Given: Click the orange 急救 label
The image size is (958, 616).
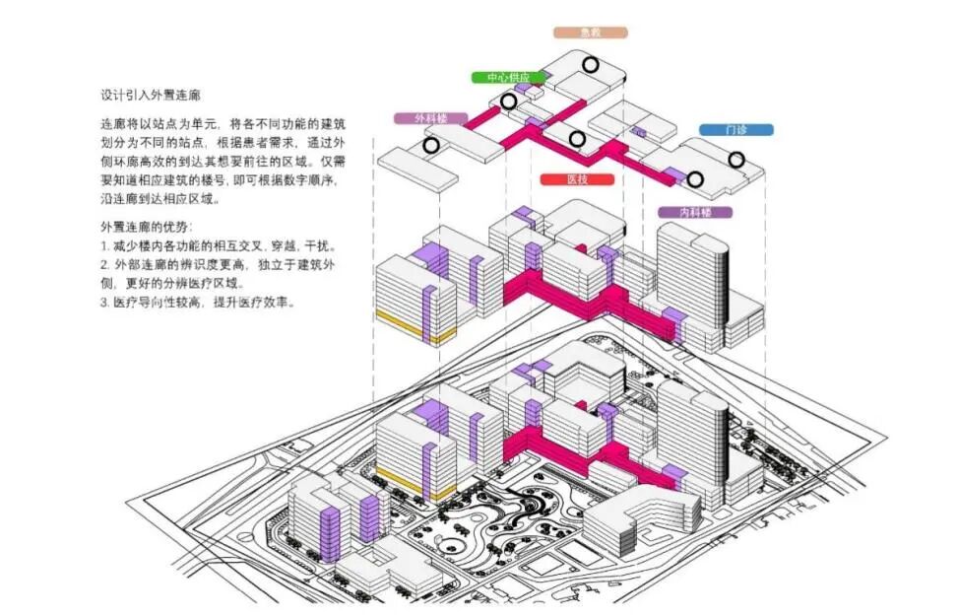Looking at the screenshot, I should (591, 33).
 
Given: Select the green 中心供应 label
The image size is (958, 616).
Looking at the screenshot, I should (506, 77).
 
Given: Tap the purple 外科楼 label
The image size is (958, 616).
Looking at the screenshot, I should (430, 118).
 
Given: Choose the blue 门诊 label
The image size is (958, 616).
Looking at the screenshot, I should (735, 129).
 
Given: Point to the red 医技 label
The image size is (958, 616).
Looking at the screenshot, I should (577, 180).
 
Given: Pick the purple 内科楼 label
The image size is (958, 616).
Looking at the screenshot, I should (694, 212).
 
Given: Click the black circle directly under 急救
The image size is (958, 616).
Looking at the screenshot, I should (590, 65).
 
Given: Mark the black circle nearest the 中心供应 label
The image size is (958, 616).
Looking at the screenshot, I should (509, 102).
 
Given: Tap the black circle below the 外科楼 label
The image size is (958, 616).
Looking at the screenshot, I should (431, 146).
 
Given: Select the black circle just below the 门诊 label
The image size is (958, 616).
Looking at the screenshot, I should (736, 159).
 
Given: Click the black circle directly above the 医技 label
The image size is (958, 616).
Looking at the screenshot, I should (577, 139).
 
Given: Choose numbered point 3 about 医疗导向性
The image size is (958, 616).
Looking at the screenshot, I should (197, 303).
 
